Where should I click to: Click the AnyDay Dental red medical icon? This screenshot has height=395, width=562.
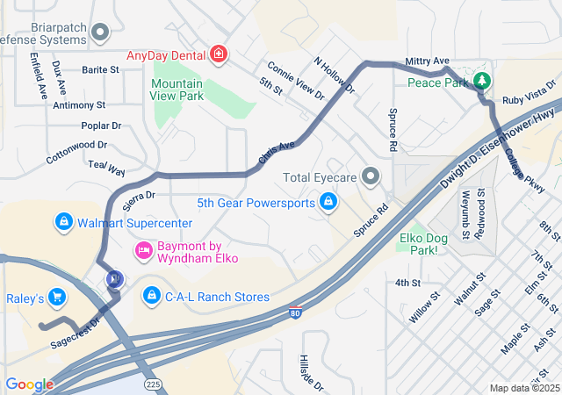pyautogui.click(x=218, y=55)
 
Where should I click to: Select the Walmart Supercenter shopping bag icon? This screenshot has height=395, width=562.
pyautogui.click(x=63, y=223)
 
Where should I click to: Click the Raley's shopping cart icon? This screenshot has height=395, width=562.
pyautogui.click(x=58, y=298)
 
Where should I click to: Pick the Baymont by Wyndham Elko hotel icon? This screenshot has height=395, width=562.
pyautogui.click(x=142, y=252)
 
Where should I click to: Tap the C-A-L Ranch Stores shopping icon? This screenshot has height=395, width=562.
pyautogui.click(x=151, y=293)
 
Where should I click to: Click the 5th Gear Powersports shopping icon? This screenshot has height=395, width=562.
pyautogui.click(x=328, y=204)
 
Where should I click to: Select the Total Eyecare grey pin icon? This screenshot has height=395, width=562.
pyautogui.click(x=371, y=177)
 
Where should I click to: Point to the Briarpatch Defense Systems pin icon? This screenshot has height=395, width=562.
pyautogui.click(x=100, y=33)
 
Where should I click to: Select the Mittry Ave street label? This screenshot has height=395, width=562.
pyautogui.click(x=427, y=61)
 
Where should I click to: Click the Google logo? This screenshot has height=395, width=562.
pyautogui.click(x=29, y=384)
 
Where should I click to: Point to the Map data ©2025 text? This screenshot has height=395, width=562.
pyautogui.click(x=523, y=388)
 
